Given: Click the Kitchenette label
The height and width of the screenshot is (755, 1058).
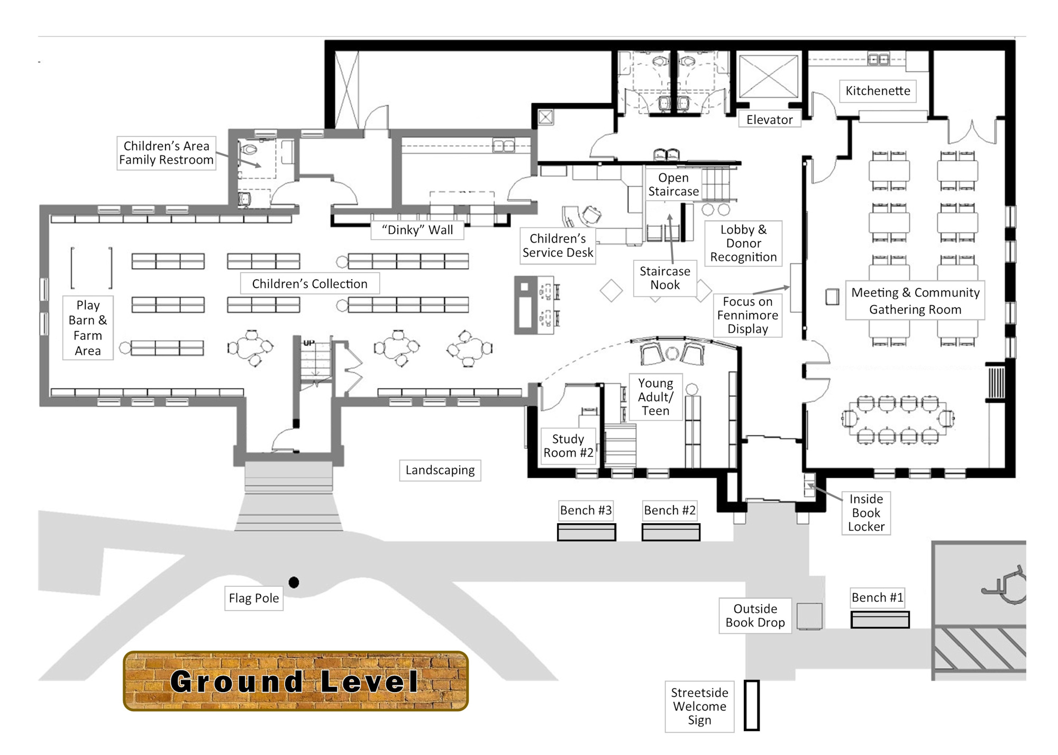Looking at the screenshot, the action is [x=878, y=91].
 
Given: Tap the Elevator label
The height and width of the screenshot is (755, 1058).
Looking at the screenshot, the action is [x=769, y=120].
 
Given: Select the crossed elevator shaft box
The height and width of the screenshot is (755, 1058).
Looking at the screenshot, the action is [x=768, y=77].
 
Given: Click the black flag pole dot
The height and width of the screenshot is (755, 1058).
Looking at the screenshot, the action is [x=294, y=583].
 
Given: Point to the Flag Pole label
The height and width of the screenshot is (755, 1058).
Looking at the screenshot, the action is [x=254, y=598].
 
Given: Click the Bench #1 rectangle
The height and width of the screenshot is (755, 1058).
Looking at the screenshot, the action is [x=880, y=620].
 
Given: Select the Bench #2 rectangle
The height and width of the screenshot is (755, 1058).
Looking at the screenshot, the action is [x=671, y=532].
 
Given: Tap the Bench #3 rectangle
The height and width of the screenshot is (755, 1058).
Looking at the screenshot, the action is [x=586, y=532].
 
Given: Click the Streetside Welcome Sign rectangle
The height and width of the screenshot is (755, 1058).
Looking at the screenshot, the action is [x=752, y=705].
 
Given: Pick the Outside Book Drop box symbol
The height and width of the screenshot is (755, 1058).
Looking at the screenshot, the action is [x=809, y=616].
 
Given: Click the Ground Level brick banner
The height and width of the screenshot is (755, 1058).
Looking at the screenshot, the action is [x=296, y=681].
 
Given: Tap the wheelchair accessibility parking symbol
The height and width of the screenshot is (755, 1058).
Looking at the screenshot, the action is [x=1005, y=585].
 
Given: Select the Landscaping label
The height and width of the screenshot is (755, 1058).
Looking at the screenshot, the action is [x=440, y=470].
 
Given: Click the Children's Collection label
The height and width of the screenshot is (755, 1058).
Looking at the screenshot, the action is [x=309, y=284].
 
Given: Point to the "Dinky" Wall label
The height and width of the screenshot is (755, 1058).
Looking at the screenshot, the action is [x=417, y=230].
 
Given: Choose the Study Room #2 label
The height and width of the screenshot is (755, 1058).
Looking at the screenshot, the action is [x=568, y=446].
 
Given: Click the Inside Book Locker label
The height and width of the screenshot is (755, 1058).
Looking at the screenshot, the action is [x=866, y=513].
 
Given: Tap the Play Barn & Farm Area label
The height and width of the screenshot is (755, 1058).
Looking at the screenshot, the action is [x=88, y=328].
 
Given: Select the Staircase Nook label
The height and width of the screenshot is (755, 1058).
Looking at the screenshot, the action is [x=665, y=278].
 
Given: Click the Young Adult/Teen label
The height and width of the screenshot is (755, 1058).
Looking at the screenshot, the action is [x=655, y=397].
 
